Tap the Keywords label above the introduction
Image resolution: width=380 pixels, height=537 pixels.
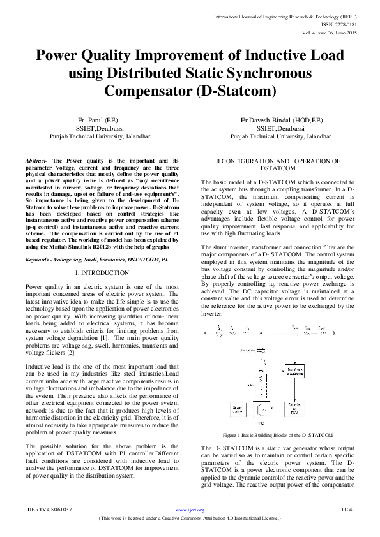[39, 260]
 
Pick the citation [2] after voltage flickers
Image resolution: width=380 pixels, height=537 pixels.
[71, 353]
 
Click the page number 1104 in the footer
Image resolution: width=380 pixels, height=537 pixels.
[347, 510]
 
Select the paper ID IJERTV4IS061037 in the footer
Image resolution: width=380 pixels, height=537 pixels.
[49, 510]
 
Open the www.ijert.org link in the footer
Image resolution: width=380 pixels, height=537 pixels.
[190, 510]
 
